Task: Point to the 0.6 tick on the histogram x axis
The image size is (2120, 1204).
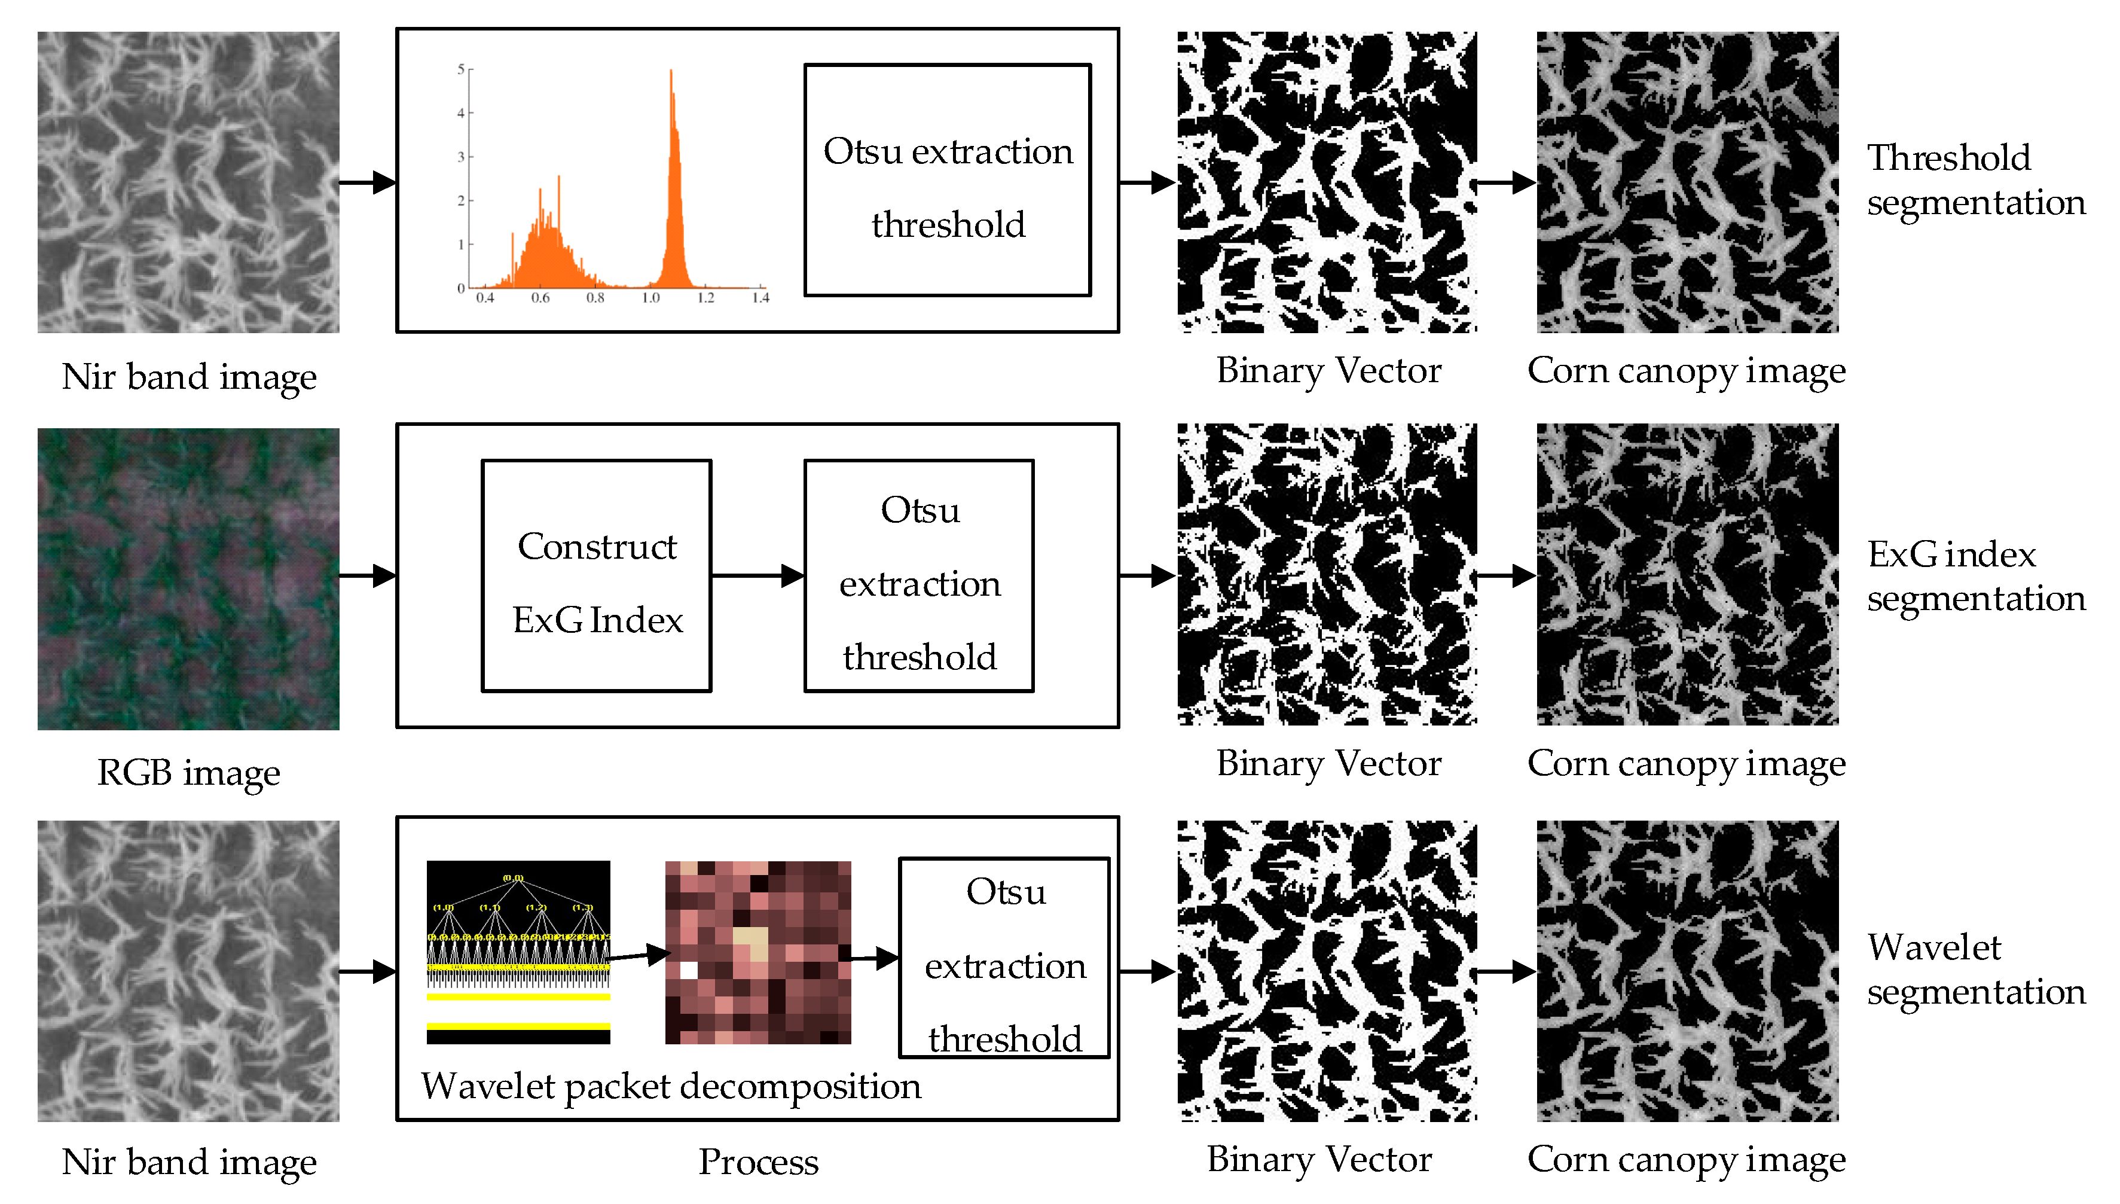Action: pyautogui.click(x=540, y=297)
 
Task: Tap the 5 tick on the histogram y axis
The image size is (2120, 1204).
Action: pyautogui.click(x=461, y=69)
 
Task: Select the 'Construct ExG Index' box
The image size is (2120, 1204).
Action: pyautogui.click(x=597, y=575)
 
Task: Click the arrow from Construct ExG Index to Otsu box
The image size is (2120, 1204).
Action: pyautogui.click(x=757, y=575)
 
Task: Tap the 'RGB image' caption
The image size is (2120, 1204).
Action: pyautogui.click(x=188, y=773)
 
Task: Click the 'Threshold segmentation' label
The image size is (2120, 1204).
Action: pyautogui.click(x=1975, y=179)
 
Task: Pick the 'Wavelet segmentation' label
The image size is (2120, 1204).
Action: pyautogui.click(x=1975, y=969)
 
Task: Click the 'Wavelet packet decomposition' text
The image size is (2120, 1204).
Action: pyautogui.click(x=670, y=1086)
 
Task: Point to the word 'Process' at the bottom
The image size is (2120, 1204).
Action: pyautogui.click(x=758, y=1162)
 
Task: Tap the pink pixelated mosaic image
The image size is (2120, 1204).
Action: pyautogui.click(x=758, y=952)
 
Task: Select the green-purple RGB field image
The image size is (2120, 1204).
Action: pyautogui.click(x=188, y=579)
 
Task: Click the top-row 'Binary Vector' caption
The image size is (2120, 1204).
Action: pyautogui.click(x=1328, y=370)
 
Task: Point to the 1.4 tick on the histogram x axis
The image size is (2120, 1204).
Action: pyautogui.click(x=760, y=297)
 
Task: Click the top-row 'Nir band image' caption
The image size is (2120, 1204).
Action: pyautogui.click(x=188, y=376)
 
